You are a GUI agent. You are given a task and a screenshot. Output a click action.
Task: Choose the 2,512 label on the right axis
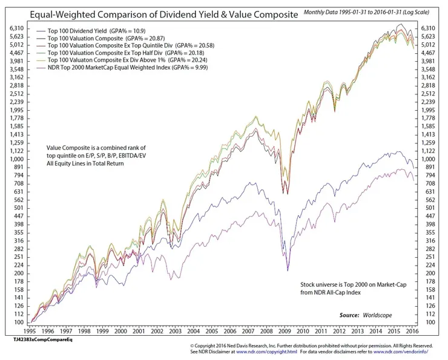(x=430, y=93)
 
